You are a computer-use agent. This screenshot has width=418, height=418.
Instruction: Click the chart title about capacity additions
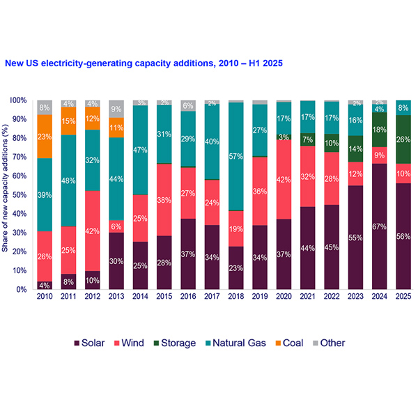pyautogui.click(x=143, y=63)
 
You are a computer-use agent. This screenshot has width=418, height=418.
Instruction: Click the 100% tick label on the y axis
pyautogui.click(x=22, y=100)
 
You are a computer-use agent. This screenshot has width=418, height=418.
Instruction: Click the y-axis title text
pyautogui.click(x=9, y=194)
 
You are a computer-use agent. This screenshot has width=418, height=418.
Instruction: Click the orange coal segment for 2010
pyautogui.click(x=45, y=137)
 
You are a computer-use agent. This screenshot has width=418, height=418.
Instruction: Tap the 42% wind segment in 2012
pyautogui.click(x=92, y=231)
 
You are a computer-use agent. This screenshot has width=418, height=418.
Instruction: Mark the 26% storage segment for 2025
pyautogui.click(x=403, y=139)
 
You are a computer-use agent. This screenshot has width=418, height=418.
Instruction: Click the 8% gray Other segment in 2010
pyautogui.click(x=45, y=107)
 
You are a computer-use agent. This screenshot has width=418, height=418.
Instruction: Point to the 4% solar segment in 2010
pyautogui.click(x=45, y=285)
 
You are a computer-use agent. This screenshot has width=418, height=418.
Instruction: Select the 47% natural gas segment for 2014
pyautogui.click(x=139, y=150)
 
